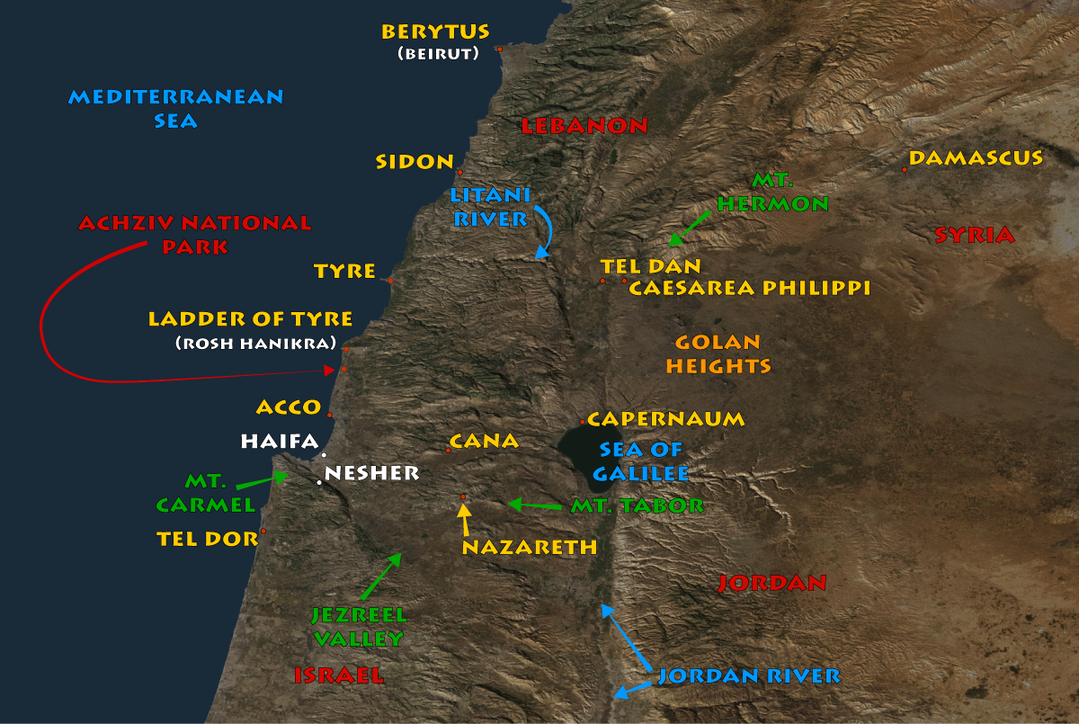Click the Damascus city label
click(976, 158)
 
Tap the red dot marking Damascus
click(905, 169)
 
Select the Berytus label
click(435, 31)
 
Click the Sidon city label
click(415, 162)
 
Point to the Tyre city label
click(344, 271)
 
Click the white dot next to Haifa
click(324, 455)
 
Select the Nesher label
click(371, 472)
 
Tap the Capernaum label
click(666, 419)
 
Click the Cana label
click(484, 441)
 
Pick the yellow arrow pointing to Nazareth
click(464, 519)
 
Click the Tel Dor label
click(207, 538)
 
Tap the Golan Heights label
click(718, 354)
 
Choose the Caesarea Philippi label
click(749, 288)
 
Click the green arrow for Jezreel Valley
click(380, 577)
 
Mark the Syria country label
click(974, 236)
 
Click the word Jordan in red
click(771, 583)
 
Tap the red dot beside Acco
click(330, 415)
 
